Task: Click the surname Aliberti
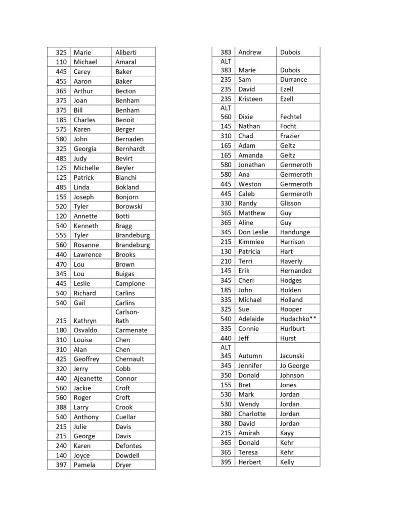(x=126, y=53)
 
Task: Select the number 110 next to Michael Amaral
(x=61, y=62)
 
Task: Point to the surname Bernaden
(x=129, y=139)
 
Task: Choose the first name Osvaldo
(x=86, y=330)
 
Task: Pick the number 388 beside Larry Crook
(x=61, y=407)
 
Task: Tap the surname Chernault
(x=129, y=359)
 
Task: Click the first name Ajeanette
(x=88, y=378)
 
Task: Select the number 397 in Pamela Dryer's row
(x=61, y=465)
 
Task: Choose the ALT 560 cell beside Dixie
(x=226, y=112)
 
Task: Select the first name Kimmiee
(x=251, y=242)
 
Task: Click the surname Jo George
(x=294, y=366)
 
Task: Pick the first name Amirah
(x=249, y=433)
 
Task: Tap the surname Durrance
(x=293, y=80)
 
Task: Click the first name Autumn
(x=250, y=356)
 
